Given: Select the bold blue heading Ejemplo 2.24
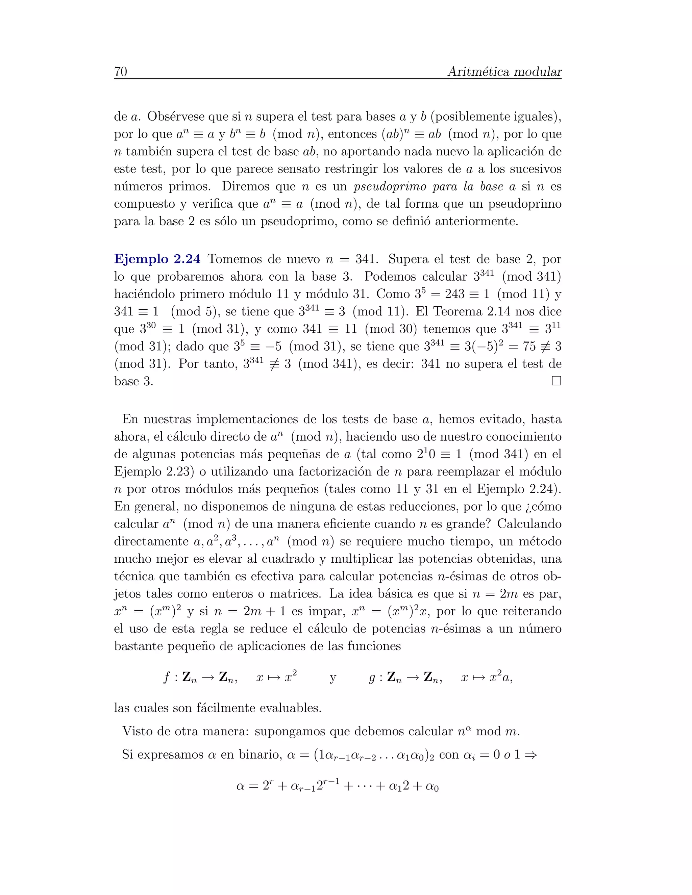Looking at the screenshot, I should [157, 259].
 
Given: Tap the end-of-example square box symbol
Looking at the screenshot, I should [556, 381].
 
